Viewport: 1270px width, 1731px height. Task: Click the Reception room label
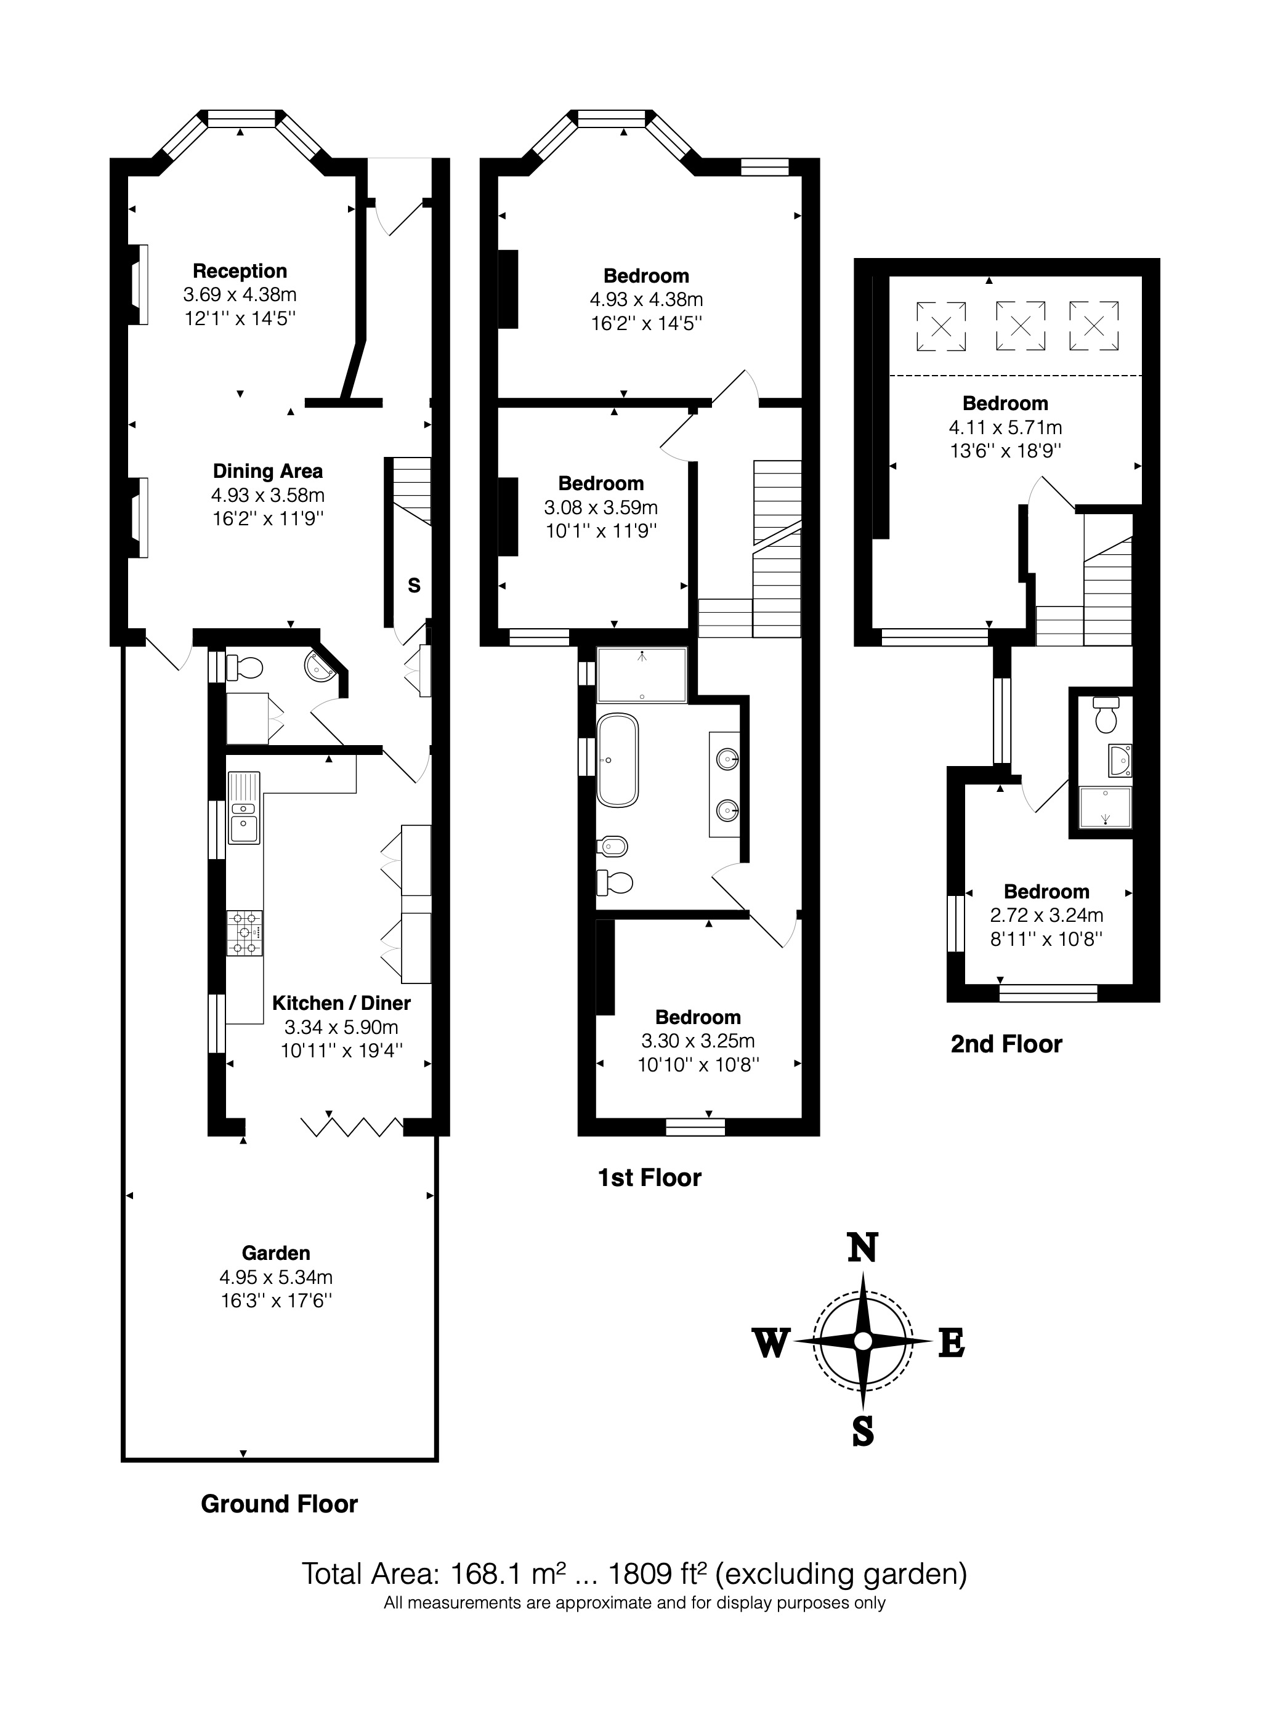pos(240,272)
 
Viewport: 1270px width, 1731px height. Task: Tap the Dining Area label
pos(267,471)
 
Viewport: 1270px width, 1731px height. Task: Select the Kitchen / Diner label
pos(341,1003)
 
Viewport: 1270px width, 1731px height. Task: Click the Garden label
pos(276,1254)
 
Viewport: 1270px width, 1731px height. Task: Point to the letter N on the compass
pos(862,1248)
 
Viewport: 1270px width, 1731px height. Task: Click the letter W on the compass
pos(770,1344)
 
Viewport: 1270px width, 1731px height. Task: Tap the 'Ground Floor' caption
pos(279,1504)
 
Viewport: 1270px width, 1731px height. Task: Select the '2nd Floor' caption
pos(1006,1044)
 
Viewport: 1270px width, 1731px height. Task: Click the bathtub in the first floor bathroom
pos(617,760)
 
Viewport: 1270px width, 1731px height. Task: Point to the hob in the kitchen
pos(245,933)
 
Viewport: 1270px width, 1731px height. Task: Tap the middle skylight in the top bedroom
pos(1020,326)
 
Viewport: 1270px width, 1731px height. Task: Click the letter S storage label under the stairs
pos(414,586)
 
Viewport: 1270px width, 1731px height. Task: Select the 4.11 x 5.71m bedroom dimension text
pos(1006,427)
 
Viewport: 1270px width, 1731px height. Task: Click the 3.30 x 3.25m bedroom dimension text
pos(698,1041)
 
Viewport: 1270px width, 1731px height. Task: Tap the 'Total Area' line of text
pos(634,1574)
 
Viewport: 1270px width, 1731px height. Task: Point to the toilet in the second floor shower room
pos(1106,716)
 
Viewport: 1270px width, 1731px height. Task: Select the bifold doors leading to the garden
pos(352,1127)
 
